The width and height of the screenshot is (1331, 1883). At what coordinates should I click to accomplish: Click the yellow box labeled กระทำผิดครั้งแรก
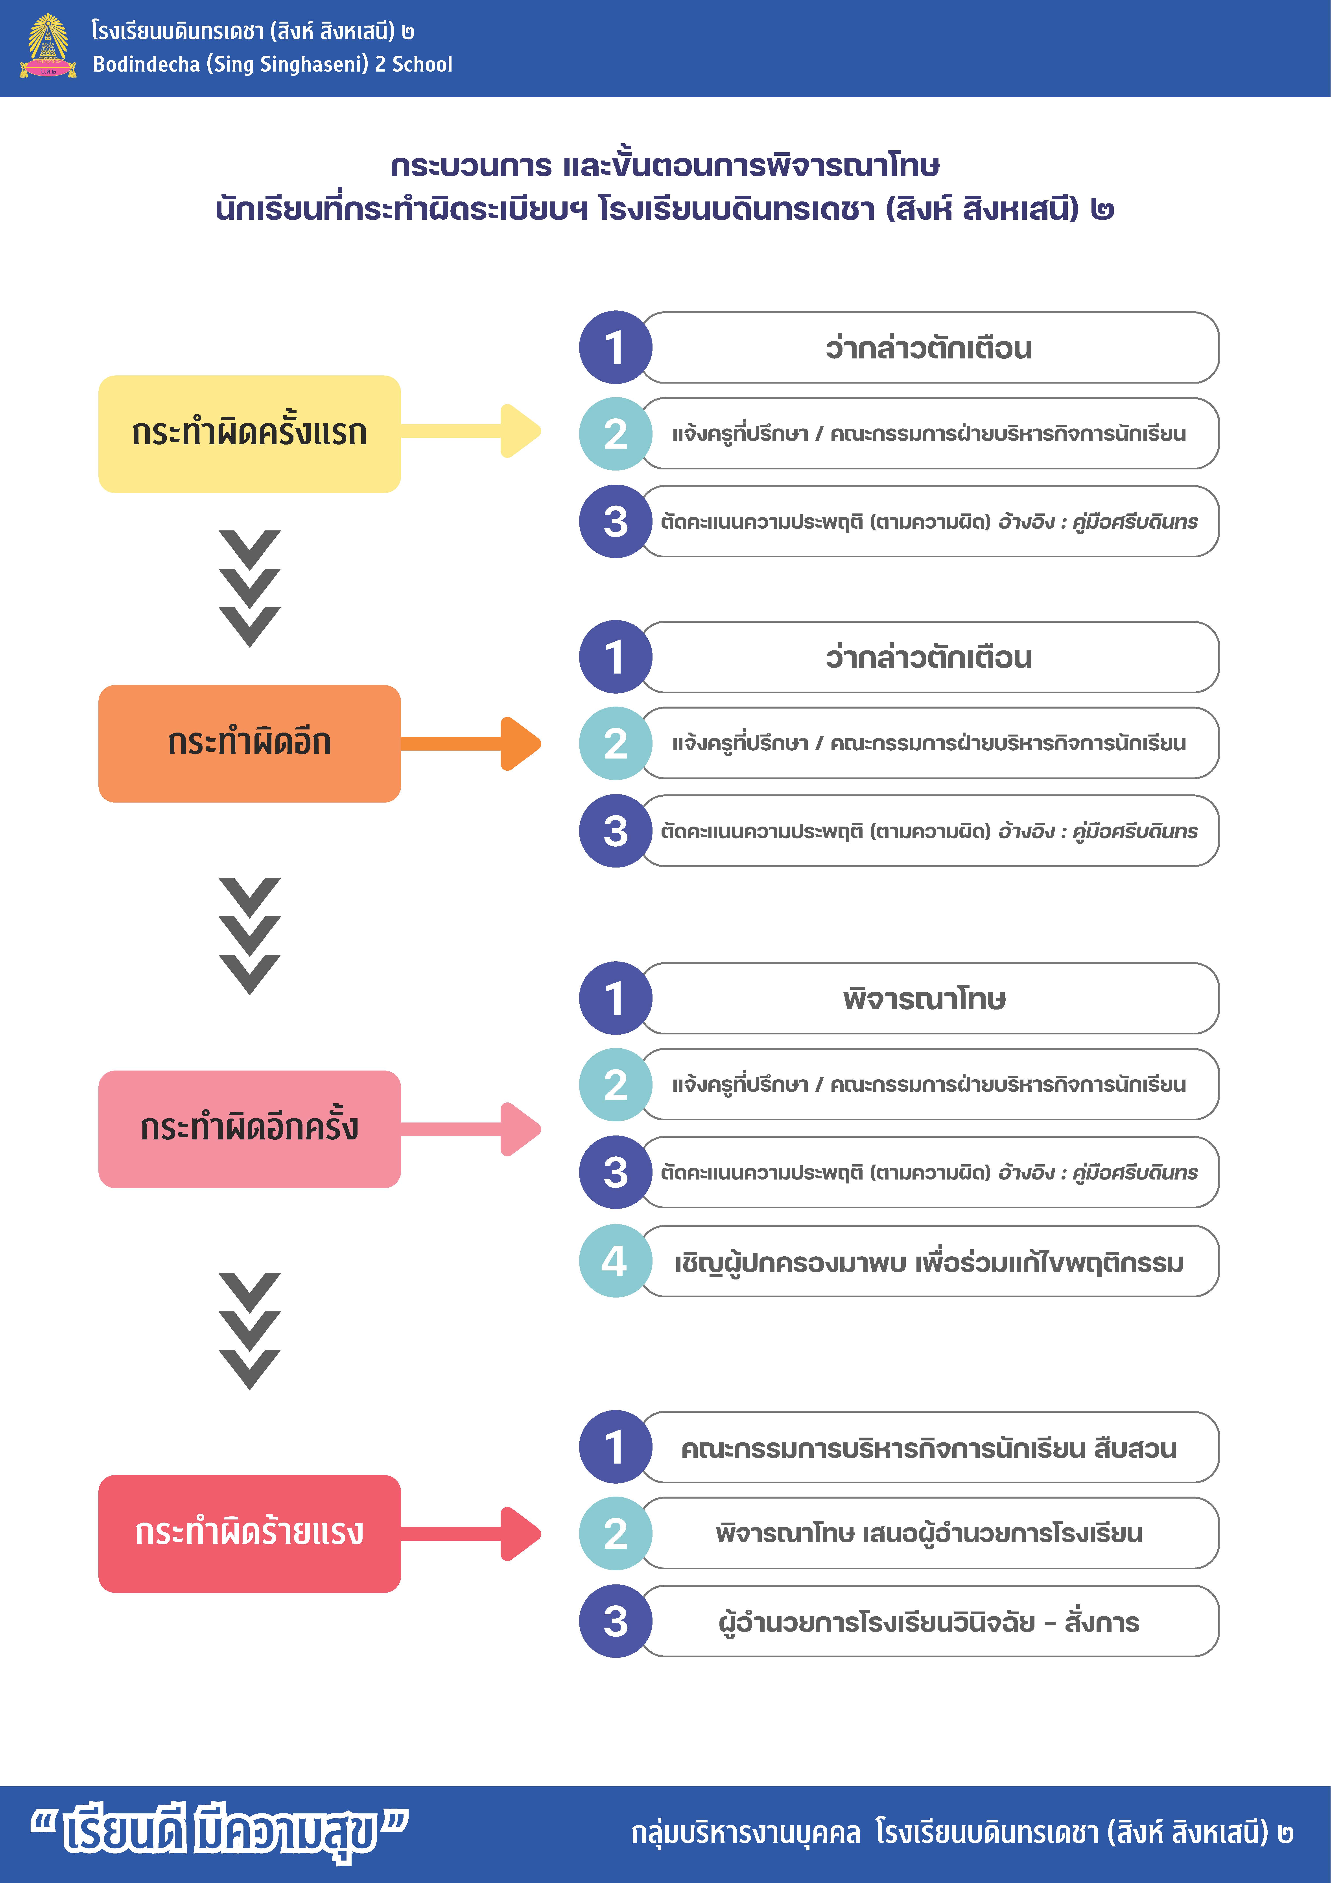click(x=249, y=434)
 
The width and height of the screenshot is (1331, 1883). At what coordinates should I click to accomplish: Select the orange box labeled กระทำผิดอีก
click(x=249, y=743)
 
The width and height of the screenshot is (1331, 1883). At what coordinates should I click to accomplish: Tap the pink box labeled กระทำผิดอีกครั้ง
click(x=249, y=1128)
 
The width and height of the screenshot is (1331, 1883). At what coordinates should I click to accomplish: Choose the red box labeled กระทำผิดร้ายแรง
click(x=249, y=1533)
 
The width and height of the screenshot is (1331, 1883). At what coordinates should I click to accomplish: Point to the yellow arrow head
click(x=520, y=430)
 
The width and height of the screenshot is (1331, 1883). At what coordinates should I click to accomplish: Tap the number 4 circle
click(x=615, y=1261)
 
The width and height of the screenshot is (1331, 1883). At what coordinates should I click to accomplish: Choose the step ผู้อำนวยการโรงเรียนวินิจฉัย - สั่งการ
click(x=929, y=1621)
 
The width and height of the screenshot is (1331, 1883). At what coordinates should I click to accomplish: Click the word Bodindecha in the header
click(x=146, y=64)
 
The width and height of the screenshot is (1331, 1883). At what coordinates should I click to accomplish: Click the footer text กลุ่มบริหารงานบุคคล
click(x=746, y=1832)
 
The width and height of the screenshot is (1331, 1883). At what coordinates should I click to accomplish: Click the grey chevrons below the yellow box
click(x=249, y=589)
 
